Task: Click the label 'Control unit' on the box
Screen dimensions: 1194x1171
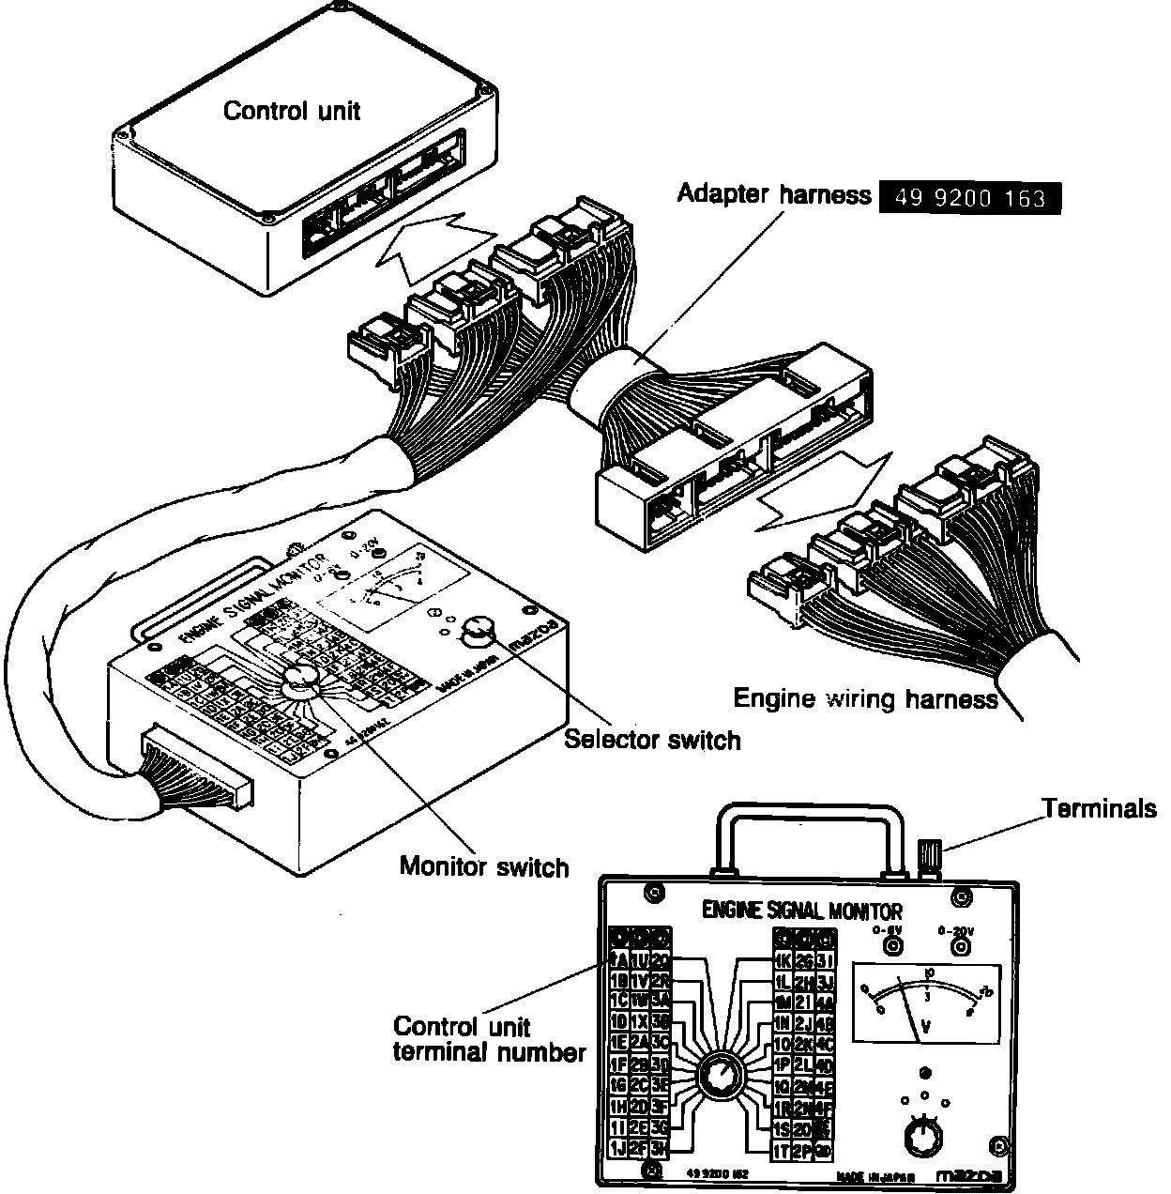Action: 291,111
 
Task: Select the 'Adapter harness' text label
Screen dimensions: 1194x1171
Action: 774,194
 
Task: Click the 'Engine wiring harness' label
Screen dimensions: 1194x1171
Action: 864,698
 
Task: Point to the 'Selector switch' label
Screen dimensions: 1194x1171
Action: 652,740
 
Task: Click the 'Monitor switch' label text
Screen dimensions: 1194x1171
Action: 483,865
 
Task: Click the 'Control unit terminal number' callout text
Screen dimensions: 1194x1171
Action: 488,1039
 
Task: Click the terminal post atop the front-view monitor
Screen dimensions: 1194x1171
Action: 929,856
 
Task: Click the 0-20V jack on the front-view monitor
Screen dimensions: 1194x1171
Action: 958,947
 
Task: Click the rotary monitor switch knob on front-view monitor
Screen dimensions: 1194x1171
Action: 720,1073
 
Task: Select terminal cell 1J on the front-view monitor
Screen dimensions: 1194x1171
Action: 618,1147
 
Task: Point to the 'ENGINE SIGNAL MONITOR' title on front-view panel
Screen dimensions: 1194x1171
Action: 802,910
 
